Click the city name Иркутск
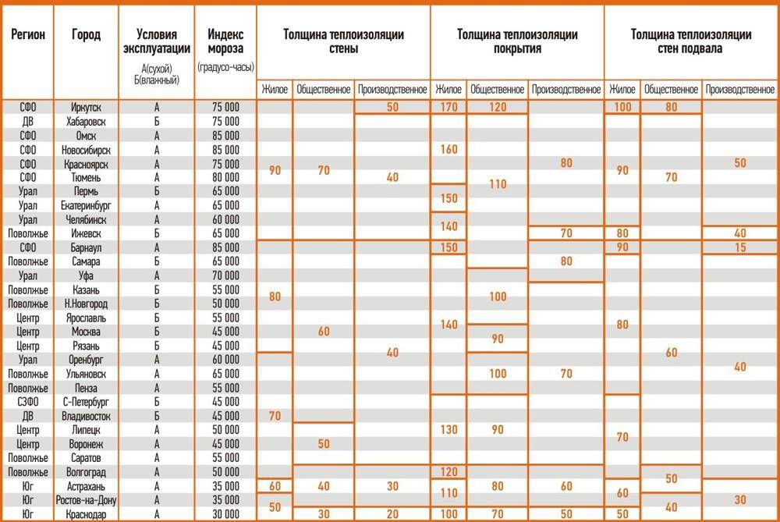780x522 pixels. pyautogui.click(x=85, y=107)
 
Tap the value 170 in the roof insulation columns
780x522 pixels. pyautogui.click(x=448, y=107)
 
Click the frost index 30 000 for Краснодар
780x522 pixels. pyautogui.click(x=225, y=514)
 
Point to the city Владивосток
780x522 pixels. pyautogui.click(x=85, y=416)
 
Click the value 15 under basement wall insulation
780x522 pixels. pyautogui.click(x=739, y=247)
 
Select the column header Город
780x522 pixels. pyautogui.click(x=85, y=34)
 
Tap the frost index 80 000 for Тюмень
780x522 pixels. pyautogui.click(x=225, y=177)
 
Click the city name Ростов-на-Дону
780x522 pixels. pyautogui.click(x=85, y=500)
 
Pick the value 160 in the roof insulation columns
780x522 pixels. pyautogui.click(x=448, y=149)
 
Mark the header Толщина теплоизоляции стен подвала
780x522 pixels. pyautogui.click(x=691, y=41)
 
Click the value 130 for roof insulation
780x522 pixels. pyautogui.click(x=448, y=430)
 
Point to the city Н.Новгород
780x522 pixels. pyautogui.click(x=85, y=304)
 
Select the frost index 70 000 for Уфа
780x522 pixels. pyautogui.click(x=225, y=275)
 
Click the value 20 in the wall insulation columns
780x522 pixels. pyautogui.click(x=392, y=514)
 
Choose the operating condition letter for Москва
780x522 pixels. pyautogui.click(x=157, y=332)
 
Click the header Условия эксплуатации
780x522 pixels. pyautogui.click(x=157, y=41)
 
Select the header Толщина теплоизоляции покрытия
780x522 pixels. pyautogui.click(x=516, y=41)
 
